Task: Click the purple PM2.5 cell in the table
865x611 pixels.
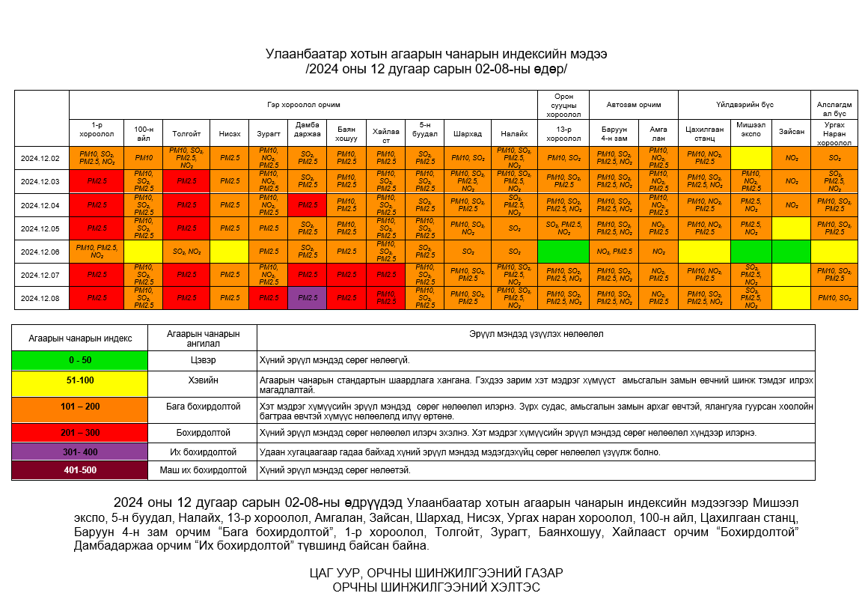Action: point(307,298)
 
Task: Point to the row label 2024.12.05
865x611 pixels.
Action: point(41,228)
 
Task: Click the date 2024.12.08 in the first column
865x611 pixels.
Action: point(41,298)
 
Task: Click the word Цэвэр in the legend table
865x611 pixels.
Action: point(202,360)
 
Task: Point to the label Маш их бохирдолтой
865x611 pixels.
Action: point(202,470)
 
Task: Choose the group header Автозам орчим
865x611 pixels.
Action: point(633,105)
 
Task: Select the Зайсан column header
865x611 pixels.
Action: point(791,132)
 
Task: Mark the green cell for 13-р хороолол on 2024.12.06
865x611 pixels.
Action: point(563,252)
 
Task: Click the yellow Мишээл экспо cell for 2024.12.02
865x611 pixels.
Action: point(751,158)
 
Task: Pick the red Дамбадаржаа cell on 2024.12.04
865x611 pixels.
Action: point(307,204)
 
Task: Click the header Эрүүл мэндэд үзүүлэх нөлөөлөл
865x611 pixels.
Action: point(535,334)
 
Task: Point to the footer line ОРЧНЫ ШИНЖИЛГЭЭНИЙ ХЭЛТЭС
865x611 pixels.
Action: point(435,588)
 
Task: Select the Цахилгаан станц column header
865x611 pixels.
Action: point(704,132)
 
